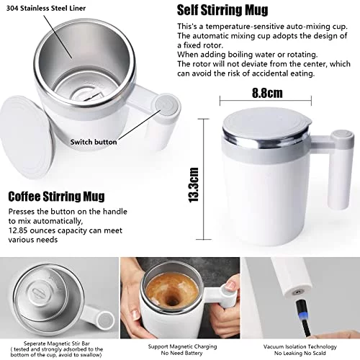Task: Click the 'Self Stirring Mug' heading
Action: pyautogui.click(x=222, y=10)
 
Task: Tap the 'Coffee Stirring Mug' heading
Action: pyautogui.click(x=56, y=197)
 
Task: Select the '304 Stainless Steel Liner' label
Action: pyautogui.click(x=46, y=9)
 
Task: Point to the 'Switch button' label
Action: pyautogui.click(x=94, y=142)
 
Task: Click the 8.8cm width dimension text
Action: pyautogui.click(x=267, y=93)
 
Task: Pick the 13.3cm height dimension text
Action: pyautogui.click(x=194, y=185)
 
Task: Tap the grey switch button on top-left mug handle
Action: pyautogui.click(x=167, y=106)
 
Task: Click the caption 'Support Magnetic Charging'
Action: pyautogui.click(x=182, y=346)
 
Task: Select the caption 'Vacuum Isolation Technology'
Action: pyautogui.click(x=300, y=346)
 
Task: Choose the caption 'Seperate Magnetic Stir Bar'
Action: pyautogui.click(x=57, y=343)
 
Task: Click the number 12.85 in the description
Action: pyautogui.click(x=18, y=230)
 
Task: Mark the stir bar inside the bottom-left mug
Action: pyautogui.click(x=37, y=292)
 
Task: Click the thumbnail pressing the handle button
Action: pyautogui.click(x=180, y=298)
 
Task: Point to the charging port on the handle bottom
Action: pyautogui.click(x=297, y=292)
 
